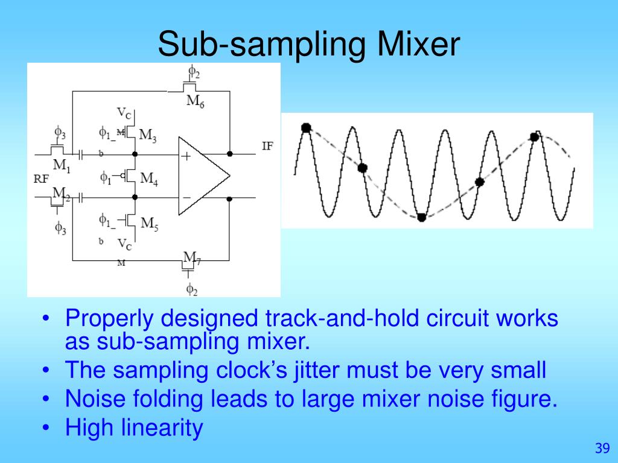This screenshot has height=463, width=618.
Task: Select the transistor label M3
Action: [148, 135]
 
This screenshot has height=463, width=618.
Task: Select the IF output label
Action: [267, 146]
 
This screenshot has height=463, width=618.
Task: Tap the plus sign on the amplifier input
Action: [186, 156]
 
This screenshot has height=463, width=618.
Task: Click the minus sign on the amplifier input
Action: [186, 197]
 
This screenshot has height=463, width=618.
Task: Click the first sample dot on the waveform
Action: [305, 127]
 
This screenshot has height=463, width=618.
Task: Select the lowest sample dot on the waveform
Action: [422, 217]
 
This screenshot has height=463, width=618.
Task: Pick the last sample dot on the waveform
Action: [535, 137]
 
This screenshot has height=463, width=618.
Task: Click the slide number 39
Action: [601, 448]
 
